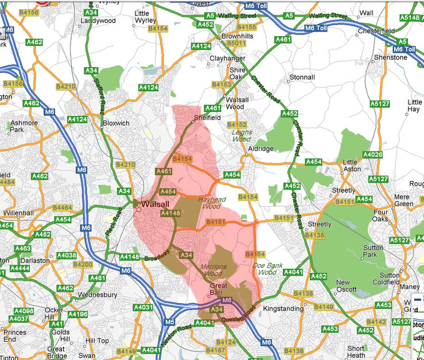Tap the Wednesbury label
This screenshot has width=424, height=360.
point(98,295)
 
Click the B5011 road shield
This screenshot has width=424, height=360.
point(236,43)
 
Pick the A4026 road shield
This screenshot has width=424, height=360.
point(372,155)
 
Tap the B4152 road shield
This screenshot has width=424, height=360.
point(236,124)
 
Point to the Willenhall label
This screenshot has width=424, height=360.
point(18,212)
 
